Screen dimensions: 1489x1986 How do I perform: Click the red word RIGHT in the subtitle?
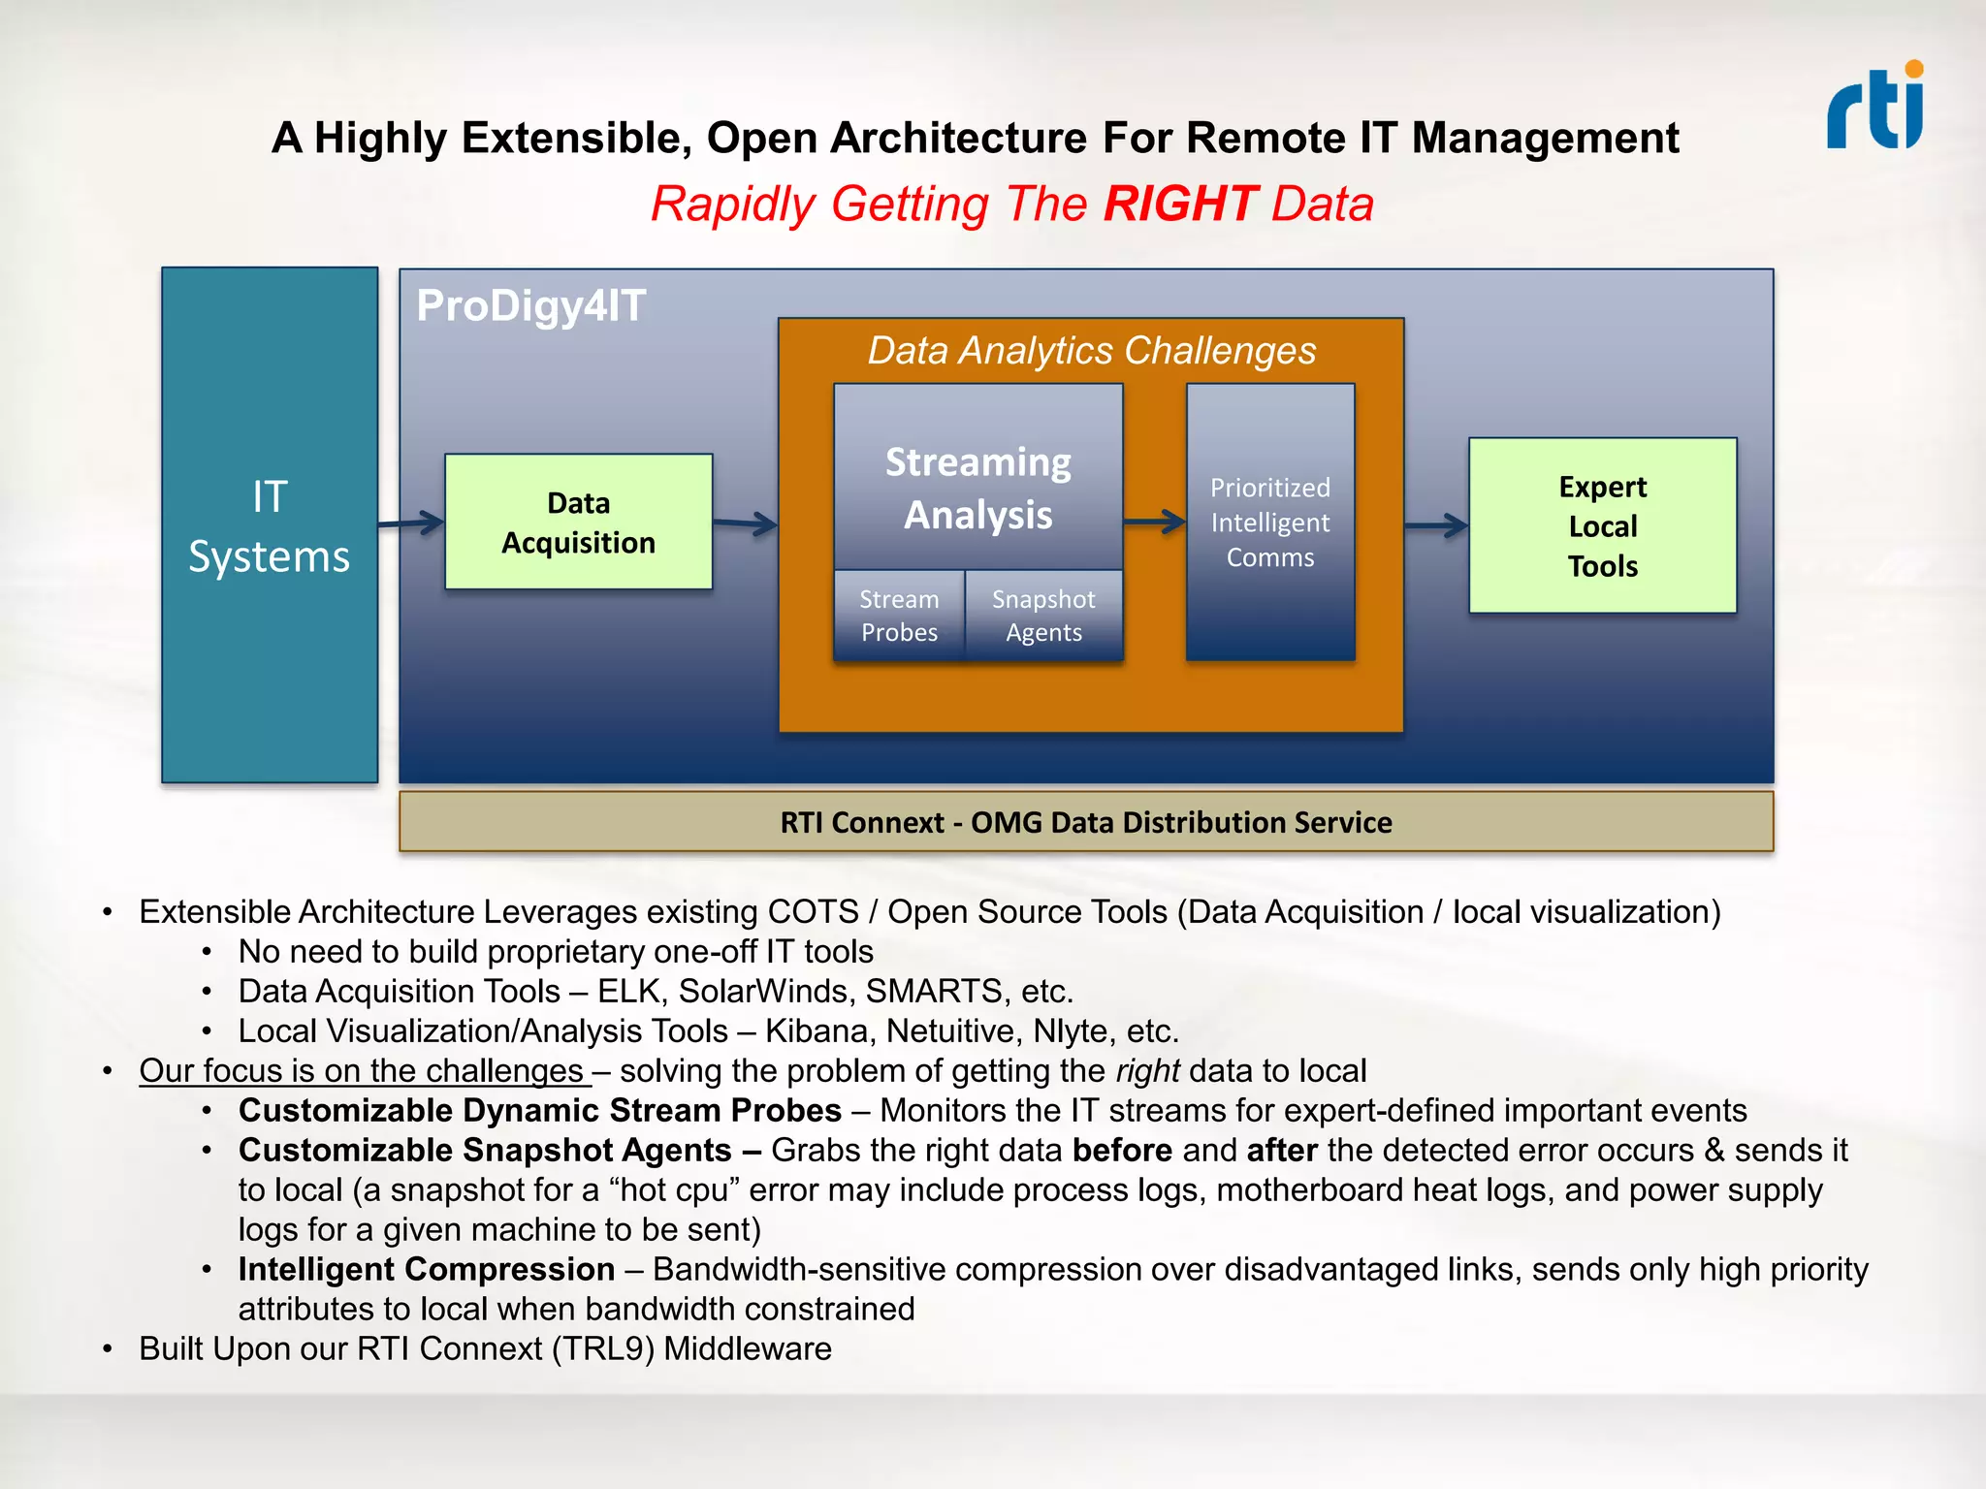1180,205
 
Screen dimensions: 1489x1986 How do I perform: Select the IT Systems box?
270,525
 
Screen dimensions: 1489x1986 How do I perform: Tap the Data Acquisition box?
578,523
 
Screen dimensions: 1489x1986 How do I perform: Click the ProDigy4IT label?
530,306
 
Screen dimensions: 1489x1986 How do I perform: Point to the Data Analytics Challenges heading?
1091,351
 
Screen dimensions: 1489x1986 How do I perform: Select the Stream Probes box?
899,616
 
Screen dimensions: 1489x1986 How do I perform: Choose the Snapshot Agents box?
1043,616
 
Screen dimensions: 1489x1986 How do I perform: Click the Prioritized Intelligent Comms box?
1269,523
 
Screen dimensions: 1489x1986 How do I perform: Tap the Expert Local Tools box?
1602,525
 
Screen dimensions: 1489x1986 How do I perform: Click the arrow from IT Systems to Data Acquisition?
411,523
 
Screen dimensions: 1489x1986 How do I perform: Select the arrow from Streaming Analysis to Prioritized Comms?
1154,523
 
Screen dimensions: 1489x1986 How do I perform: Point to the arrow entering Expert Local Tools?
1436,525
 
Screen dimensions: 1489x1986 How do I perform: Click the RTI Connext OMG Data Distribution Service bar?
1086,822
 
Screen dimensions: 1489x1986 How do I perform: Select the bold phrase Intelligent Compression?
427,1270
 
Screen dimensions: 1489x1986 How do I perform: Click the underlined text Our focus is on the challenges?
362,1071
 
